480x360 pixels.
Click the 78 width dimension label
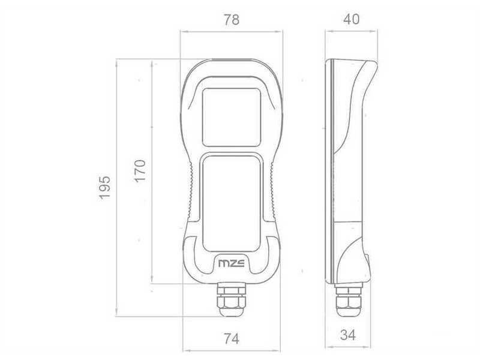232,20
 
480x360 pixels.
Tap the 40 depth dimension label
351,19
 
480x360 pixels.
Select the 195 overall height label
104,187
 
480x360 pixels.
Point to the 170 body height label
140,171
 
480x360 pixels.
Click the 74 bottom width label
232,339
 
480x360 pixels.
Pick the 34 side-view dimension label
348,335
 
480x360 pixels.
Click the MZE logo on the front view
232,263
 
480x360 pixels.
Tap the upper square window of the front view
232,117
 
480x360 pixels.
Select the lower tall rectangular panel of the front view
232,204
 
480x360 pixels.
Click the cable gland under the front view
232,299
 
